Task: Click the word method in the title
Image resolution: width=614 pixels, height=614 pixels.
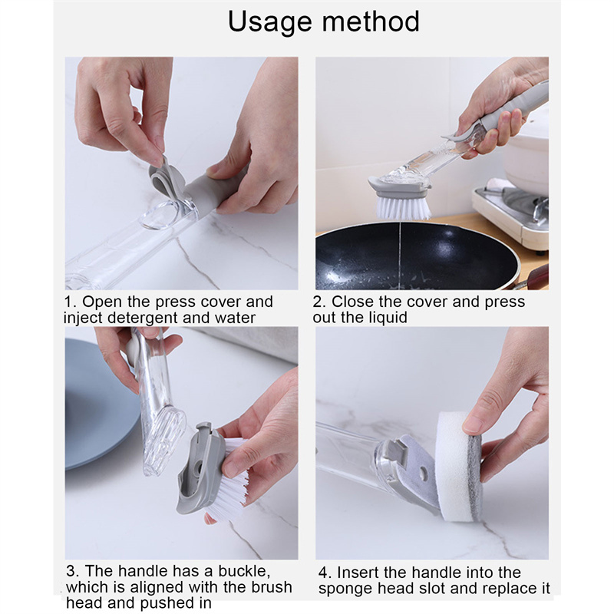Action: click(x=371, y=21)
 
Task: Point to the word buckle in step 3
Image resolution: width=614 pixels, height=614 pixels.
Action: click(x=244, y=571)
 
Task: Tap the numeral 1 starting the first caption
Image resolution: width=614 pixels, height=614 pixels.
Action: click(x=69, y=302)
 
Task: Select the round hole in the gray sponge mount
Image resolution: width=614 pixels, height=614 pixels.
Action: click(x=423, y=474)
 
